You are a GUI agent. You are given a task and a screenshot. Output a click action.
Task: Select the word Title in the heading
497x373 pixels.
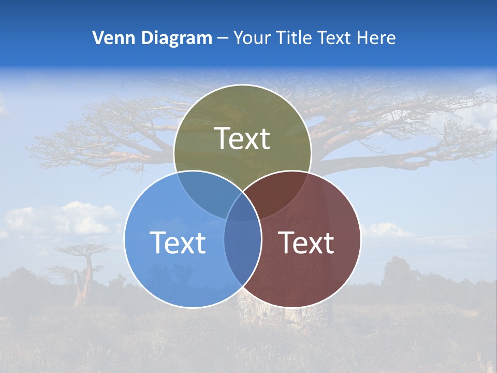(x=294, y=38)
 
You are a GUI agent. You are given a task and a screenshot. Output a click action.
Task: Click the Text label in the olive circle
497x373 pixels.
(x=242, y=139)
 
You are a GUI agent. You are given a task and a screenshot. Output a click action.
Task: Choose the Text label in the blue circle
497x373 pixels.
(x=178, y=243)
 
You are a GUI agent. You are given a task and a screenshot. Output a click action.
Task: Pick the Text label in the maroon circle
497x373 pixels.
(x=306, y=243)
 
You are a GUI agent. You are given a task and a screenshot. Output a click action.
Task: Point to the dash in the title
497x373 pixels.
(x=223, y=38)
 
